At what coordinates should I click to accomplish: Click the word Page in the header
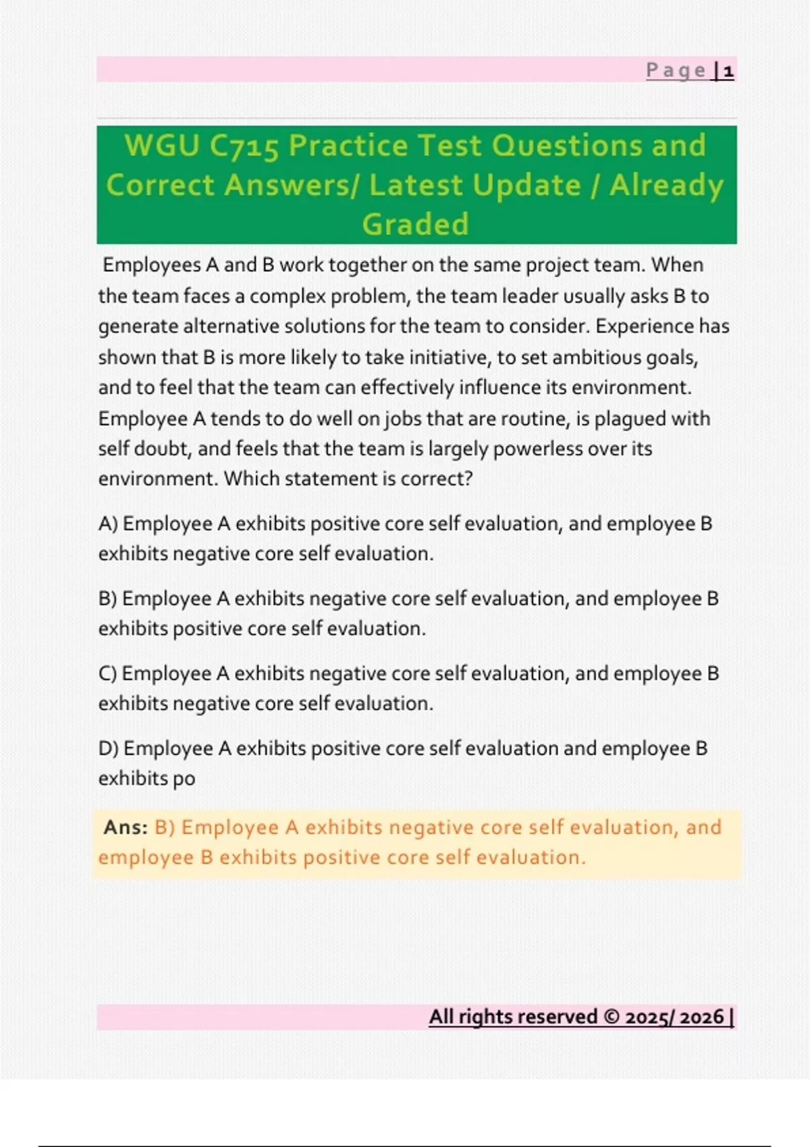tap(676, 70)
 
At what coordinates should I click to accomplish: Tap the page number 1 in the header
tap(728, 71)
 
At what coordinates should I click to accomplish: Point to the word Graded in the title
tap(415, 224)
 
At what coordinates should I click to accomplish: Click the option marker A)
tap(108, 524)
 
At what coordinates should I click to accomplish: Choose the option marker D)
tap(109, 749)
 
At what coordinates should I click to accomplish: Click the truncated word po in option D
tap(184, 779)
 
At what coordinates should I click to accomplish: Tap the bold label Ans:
tap(126, 827)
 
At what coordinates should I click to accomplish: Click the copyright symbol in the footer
tap(612, 1017)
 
